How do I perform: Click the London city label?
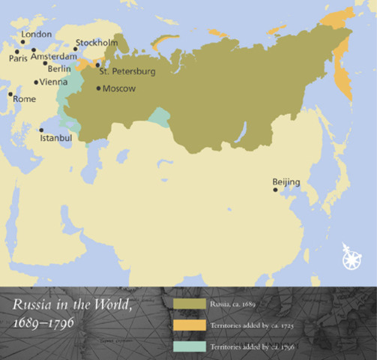tap(37, 34)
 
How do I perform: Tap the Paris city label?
tap(17, 57)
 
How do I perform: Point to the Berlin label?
tap(59, 68)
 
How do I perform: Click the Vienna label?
tap(53, 82)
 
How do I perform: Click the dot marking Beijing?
tap(275, 190)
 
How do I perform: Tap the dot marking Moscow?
tap(97, 88)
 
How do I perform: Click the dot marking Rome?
tap(10, 94)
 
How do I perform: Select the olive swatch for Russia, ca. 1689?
tap(188, 304)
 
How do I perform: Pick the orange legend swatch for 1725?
tap(188, 325)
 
